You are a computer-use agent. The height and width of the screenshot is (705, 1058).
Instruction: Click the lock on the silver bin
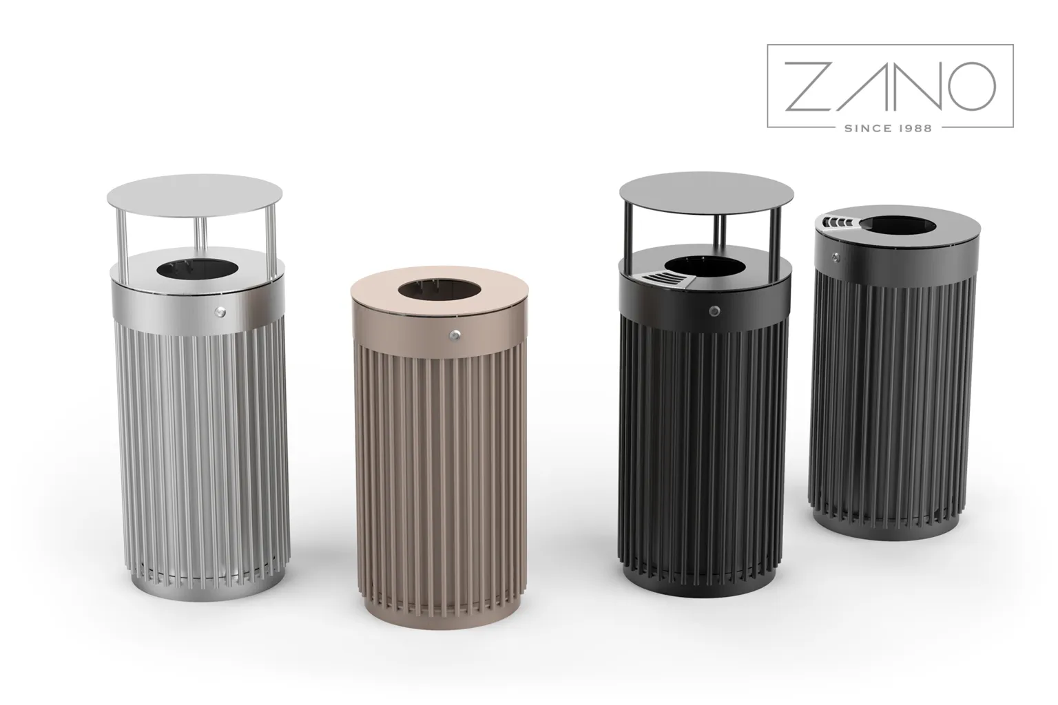pyautogui.click(x=220, y=311)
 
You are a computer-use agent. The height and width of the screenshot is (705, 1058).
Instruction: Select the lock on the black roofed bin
pyautogui.click(x=714, y=311)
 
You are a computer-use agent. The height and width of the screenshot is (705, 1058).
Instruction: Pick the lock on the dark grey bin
pyautogui.click(x=836, y=257)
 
